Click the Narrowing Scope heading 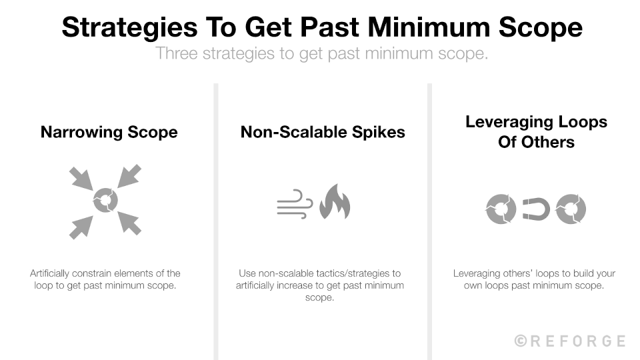(109, 131)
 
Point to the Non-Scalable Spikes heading (323, 131)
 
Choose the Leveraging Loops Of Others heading (536, 132)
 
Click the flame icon (334, 202)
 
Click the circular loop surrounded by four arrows (105, 200)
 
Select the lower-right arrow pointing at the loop (129, 223)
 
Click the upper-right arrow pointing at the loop (129, 177)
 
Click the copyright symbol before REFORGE (521, 341)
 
